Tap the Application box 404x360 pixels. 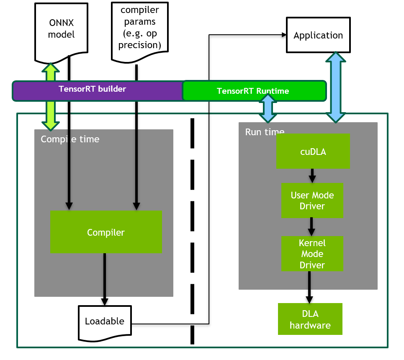pos(318,35)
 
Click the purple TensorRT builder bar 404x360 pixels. pos(93,90)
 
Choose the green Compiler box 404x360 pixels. pos(106,232)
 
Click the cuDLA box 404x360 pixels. pos(313,152)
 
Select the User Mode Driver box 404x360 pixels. pos(312,201)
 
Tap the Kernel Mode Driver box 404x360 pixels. pos(312,254)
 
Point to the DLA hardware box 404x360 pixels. pos(310,319)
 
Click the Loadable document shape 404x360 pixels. pos(105,321)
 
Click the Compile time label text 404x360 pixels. pos(70,139)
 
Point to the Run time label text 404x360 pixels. pos(265,132)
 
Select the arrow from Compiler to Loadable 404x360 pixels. pos(105,279)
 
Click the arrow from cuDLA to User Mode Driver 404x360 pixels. pos(312,175)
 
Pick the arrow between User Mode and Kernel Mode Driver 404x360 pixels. pos(311,226)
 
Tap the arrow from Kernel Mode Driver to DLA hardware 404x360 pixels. pos(309,287)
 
